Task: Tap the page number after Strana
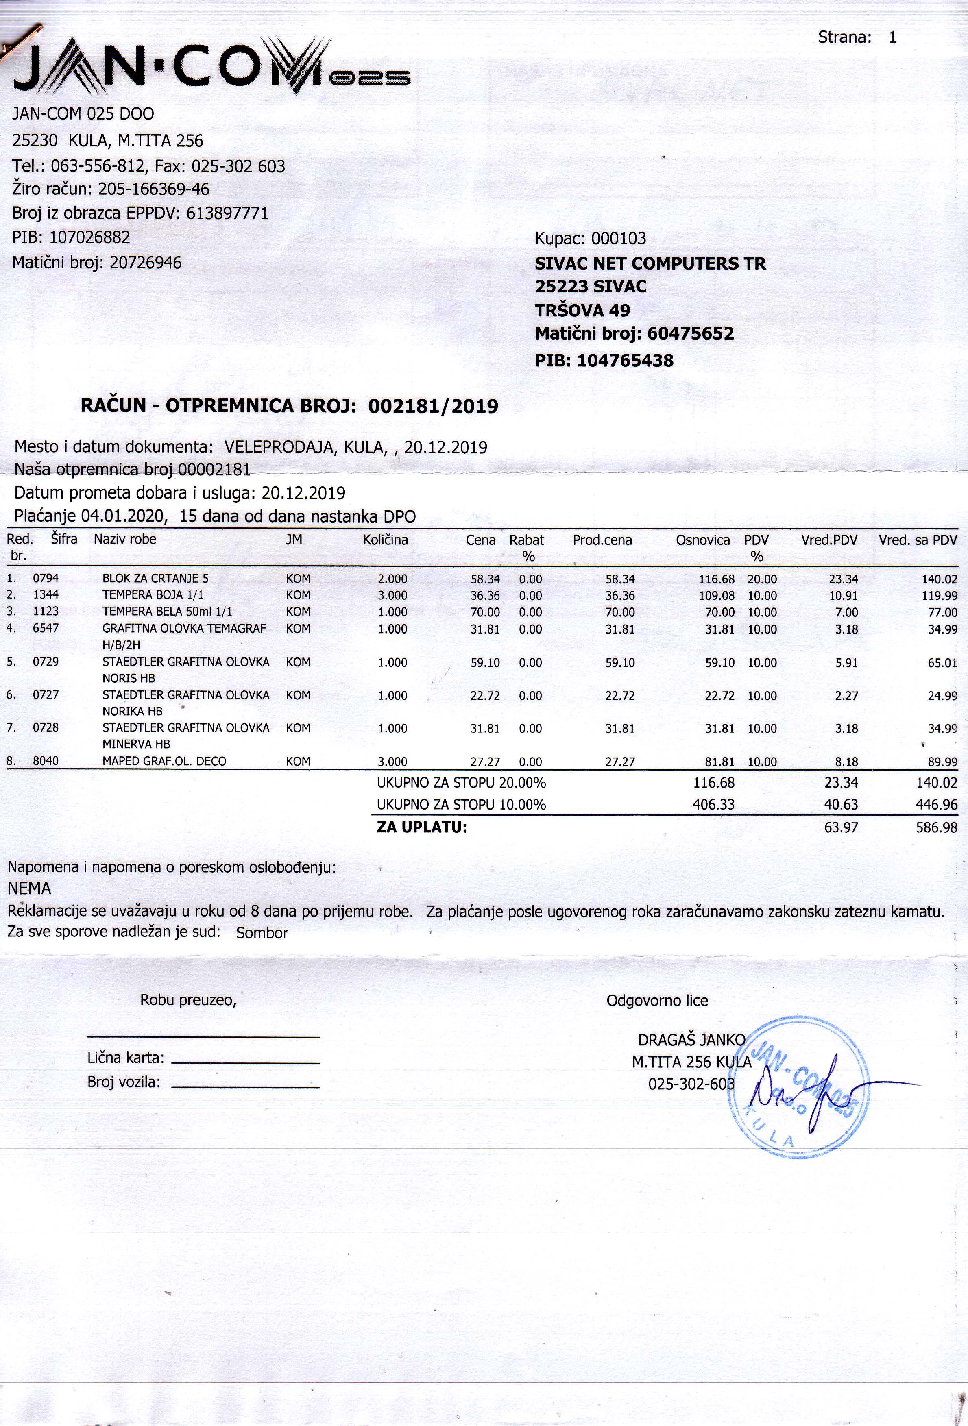(892, 37)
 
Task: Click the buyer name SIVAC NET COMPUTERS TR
(650, 264)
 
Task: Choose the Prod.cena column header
(602, 540)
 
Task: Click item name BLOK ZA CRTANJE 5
(155, 579)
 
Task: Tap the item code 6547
(46, 628)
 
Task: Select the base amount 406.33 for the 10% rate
(713, 804)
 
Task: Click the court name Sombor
(262, 933)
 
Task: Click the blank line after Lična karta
(246, 1061)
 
